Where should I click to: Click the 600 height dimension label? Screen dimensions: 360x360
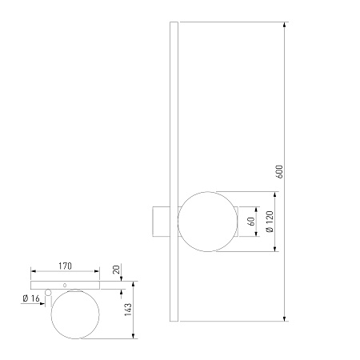point(278,172)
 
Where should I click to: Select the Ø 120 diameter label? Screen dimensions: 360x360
point(270,222)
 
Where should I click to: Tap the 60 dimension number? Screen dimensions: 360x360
point(251,222)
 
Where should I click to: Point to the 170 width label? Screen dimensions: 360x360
point(66,266)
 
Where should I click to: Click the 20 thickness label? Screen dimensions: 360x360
point(117,270)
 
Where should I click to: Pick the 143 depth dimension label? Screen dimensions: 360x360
point(128,310)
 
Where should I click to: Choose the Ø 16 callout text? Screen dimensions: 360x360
point(31,298)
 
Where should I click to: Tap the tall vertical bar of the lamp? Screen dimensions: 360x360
point(174,171)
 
